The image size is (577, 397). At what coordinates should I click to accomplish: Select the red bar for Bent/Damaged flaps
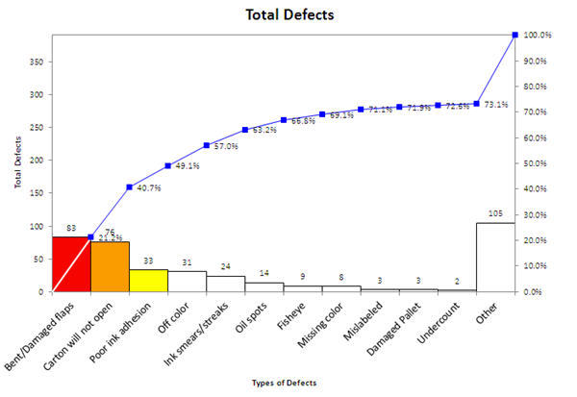click(x=71, y=264)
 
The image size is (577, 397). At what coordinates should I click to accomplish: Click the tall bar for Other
click(x=495, y=258)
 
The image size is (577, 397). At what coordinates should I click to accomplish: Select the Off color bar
click(x=187, y=282)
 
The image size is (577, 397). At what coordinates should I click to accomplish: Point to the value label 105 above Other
click(x=495, y=213)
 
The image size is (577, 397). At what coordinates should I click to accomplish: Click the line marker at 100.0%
click(x=514, y=35)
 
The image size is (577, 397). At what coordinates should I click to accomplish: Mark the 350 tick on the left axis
click(x=38, y=61)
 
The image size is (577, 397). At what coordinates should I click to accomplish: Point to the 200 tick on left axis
click(x=38, y=160)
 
